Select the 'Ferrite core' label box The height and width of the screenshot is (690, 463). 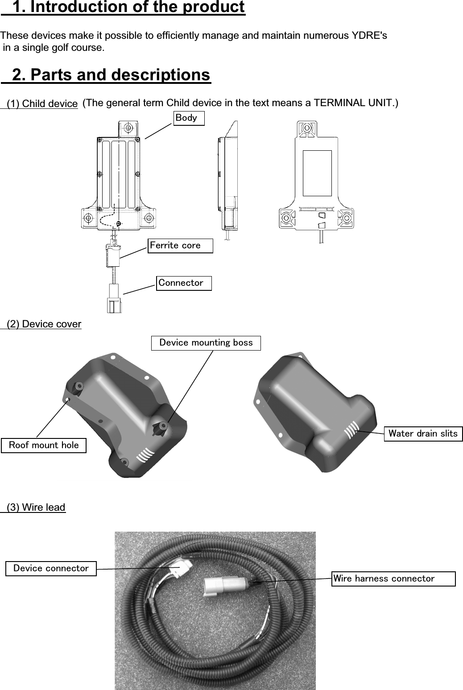pyautogui.click(x=181, y=245)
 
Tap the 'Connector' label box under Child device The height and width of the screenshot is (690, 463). pyautogui.click(x=184, y=283)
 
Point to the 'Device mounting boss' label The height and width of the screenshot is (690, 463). pyautogui.click(x=206, y=343)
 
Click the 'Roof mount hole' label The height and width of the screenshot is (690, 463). pyautogui.click(x=44, y=445)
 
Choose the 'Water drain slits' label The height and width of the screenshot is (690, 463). pyautogui.click(x=423, y=434)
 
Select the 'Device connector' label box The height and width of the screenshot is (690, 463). pyautogui.click(x=51, y=569)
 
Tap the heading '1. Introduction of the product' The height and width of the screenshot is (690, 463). pyautogui.click(x=128, y=8)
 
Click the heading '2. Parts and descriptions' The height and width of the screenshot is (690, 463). pyautogui.click(x=111, y=74)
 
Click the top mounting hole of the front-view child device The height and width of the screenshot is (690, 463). pyautogui.click(x=128, y=128)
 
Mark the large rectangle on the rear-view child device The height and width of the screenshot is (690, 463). pyautogui.click(x=317, y=173)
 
